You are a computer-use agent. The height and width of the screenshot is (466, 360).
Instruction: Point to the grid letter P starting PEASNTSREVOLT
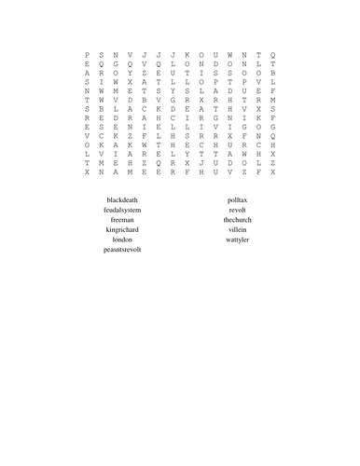click(87, 55)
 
